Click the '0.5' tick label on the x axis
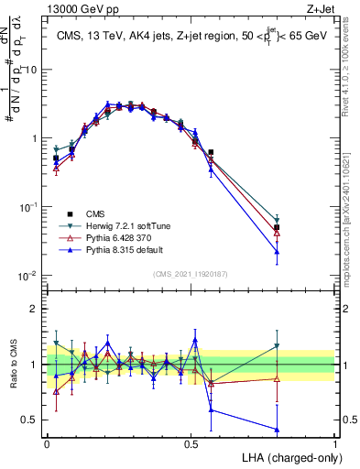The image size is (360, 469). pos(191,442)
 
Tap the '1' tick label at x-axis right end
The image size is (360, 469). pos(334,442)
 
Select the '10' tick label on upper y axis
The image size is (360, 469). pos(32,70)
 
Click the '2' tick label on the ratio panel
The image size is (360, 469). pos(36,309)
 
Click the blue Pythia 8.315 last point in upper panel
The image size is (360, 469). pos(277,251)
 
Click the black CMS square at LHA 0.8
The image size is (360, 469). pos(277,227)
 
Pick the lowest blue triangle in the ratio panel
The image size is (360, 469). pos(277,429)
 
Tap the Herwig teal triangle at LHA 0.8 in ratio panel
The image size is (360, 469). pos(277,345)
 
